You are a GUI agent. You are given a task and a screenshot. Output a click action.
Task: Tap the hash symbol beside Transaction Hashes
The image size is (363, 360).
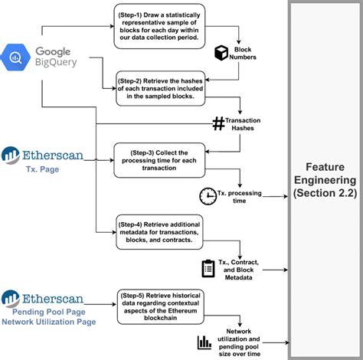pos(218,122)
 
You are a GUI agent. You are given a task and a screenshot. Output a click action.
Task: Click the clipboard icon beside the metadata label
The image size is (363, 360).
pos(208,268)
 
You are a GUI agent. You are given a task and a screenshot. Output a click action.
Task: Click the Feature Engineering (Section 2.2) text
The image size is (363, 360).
pos(325,180)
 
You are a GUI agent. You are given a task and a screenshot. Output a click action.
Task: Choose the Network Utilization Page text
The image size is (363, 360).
pos(50,322)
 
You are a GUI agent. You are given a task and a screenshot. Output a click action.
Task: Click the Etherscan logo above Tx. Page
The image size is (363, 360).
pos(47,153)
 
